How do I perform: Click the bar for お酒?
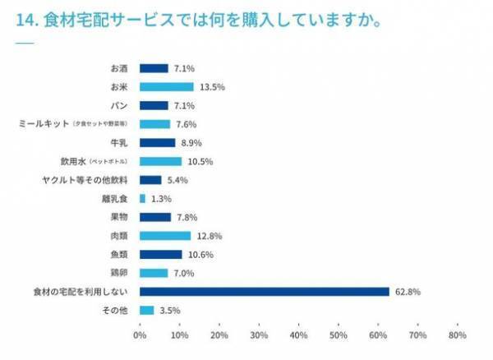[154, 68]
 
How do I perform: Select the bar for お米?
[166, 86]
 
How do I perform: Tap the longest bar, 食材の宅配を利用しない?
[264, 291]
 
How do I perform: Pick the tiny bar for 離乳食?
[142, 198]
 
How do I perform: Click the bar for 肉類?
[165, 235]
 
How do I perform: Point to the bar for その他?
[146, 310]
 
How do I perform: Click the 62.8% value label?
[406, 291]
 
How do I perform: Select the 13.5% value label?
[210, 86]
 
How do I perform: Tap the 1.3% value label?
[162, 198]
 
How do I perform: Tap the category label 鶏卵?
[118, 272]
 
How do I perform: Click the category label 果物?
[118, 217]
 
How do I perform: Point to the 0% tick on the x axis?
[140, 335]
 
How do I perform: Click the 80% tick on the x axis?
[458, 335]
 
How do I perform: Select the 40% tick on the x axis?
[299, 335]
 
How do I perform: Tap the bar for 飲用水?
[160, 161]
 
